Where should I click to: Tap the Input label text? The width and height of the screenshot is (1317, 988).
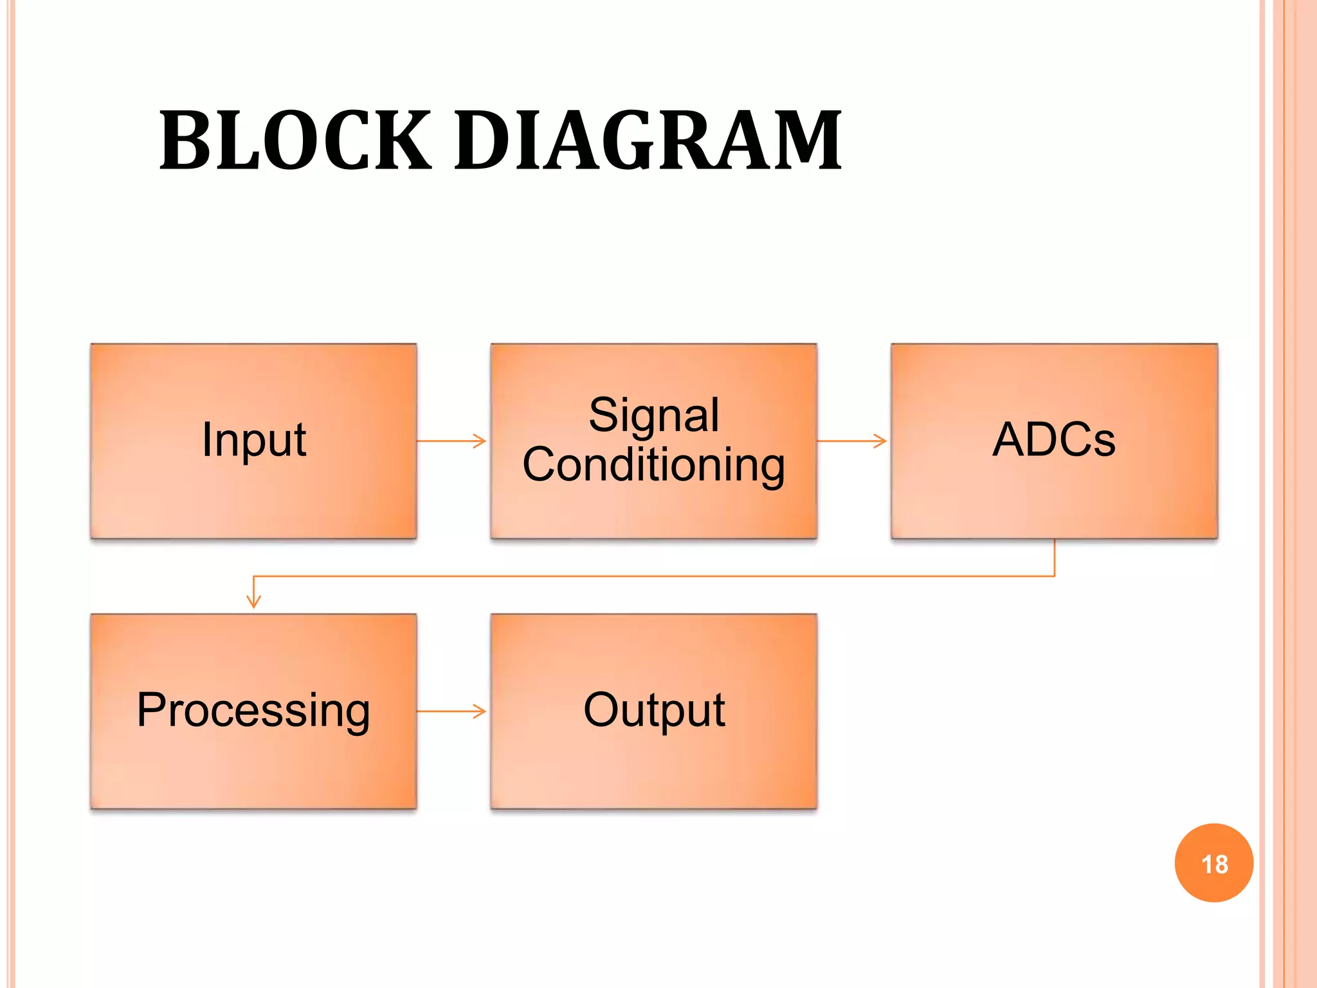pos(253,441)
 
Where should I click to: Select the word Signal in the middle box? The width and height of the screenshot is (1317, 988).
pos(653,415)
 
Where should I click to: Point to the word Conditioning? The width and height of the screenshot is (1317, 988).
pos(653,464)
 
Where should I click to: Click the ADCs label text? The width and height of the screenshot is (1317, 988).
pos(1053,440)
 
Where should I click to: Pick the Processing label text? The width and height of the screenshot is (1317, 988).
pos(253,711)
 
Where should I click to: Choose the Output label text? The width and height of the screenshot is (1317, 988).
pos(653,710)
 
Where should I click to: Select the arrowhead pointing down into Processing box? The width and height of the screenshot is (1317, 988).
pos(254,602)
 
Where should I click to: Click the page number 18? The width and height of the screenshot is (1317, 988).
pos(1214,864)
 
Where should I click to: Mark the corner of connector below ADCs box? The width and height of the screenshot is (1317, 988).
pos(1055,576)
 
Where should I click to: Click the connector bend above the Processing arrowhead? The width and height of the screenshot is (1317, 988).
pos(254,576)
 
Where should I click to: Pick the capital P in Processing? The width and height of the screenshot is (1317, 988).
pos(152,710)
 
